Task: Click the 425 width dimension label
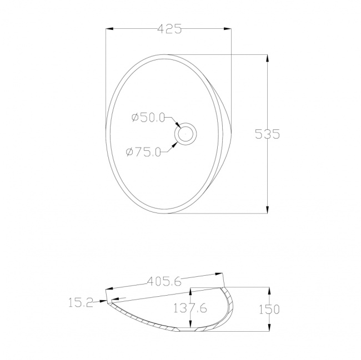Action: click(x=169, y=29)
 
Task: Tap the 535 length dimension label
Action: click(x=268, y=134)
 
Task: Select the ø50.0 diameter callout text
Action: click(x=148, y=118)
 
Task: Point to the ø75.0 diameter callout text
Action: click(x=143, y=152)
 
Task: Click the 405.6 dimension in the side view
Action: click(x=164, y=281)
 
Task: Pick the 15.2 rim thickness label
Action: click(x=81, y=302)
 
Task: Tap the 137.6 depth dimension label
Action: click(x=190, y=308)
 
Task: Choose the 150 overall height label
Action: click(x=269, y=309)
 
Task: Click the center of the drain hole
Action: click(x=185, y=134)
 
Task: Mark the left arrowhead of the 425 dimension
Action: click(x=109, y=29)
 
